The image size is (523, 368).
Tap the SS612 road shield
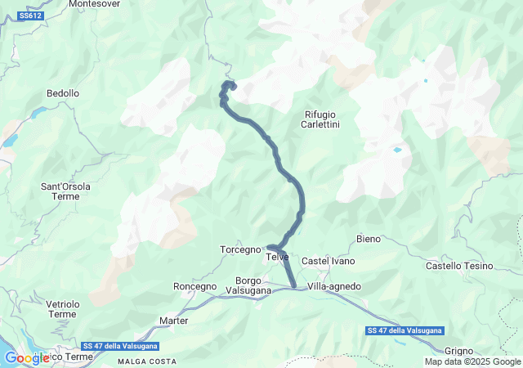pos(30,16)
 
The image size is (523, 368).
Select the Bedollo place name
pos(63,94)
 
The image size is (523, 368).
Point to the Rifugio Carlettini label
pos(320,119)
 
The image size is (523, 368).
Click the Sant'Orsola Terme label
pos(66,191)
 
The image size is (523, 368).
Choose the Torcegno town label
pos(240,249)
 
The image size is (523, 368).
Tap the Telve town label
pos(278,257)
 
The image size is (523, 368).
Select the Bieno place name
pos(369,239)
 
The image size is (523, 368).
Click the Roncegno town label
pos(195,286)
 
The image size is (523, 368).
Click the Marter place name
pos(174,321)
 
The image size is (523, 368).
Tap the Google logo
pos(26,358)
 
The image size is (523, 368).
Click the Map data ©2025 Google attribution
pos(472,361)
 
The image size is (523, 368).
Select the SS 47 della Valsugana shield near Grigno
pos(405,330)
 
